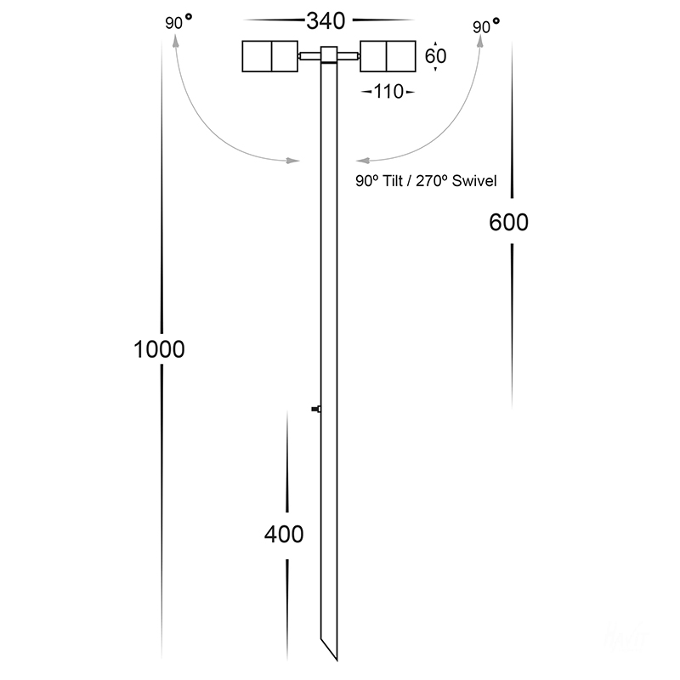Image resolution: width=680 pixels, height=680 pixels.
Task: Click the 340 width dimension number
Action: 326,20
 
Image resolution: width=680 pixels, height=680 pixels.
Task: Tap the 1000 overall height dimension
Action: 159,349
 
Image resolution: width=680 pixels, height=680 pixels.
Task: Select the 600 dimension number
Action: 508,222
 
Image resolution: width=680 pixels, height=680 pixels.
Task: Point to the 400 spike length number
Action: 284,534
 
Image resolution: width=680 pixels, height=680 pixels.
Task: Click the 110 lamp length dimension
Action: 388,92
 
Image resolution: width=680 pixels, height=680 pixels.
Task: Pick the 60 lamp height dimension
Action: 435,56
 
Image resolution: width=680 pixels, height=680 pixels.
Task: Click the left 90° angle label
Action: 178,22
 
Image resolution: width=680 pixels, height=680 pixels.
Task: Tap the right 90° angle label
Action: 485,26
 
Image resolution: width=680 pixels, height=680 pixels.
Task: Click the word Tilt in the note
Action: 393,181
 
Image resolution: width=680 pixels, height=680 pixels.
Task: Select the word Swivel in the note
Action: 474,181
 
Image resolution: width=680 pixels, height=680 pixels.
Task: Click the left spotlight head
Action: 269,56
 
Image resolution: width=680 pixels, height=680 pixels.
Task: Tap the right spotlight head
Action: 388,56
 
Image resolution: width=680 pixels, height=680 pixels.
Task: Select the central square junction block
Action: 329,54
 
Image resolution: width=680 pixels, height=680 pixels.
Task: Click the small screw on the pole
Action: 315,409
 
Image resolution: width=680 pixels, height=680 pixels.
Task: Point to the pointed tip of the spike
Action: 337,660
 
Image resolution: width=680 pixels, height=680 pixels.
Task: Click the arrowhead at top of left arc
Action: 176,41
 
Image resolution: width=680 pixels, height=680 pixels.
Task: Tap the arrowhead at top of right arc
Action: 480,41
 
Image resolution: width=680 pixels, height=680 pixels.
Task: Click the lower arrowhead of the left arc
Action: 292,161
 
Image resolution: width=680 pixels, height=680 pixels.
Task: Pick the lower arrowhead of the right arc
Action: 363,161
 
